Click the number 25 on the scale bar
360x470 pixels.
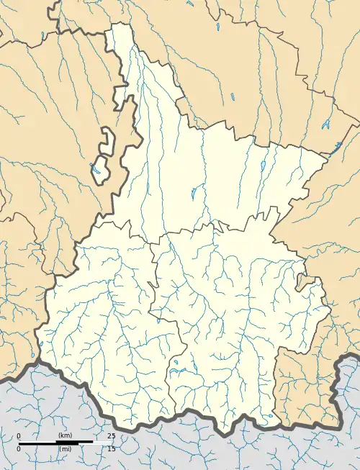111,437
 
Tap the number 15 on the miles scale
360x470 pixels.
111,448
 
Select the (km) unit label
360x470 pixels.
66,437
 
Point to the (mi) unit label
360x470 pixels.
66,448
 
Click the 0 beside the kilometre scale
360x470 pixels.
19,437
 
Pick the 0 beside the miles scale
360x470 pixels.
19,448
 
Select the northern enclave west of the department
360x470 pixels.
107,138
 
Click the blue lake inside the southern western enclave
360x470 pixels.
95,171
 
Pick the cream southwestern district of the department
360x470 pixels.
101,324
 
